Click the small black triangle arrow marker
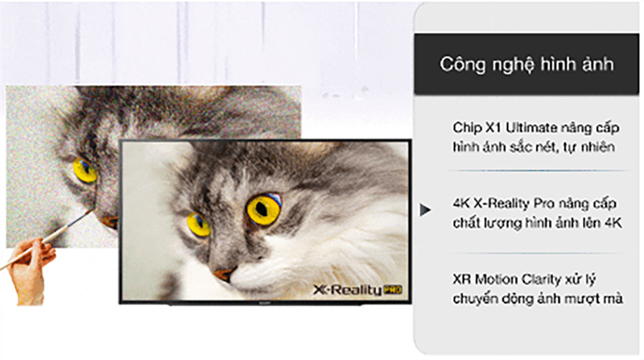pos(423,211)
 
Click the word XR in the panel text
pos(462,280)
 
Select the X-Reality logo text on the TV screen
pos(346,288)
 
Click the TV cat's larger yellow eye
pos(263,209)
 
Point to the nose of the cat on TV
pos(225,274)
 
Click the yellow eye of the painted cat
pos(85,170)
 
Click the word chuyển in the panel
pos(475,299)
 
